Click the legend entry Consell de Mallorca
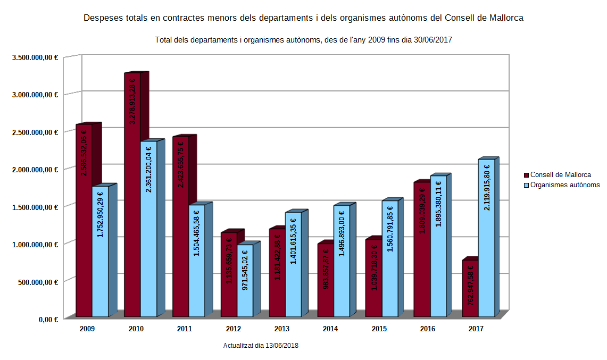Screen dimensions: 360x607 pos(560,174)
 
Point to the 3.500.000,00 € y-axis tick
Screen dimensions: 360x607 pos(35,57)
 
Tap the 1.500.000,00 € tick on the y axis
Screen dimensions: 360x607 pos(35,207)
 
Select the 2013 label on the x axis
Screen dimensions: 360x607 pos(281,329)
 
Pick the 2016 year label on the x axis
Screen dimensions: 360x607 pos(427,329)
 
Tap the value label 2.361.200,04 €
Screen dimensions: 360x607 pos(149,169)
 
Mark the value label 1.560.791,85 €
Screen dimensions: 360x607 pos(390,229)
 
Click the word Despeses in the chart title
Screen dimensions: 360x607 pos(103,18)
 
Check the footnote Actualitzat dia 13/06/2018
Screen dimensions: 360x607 pos(261,346)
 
